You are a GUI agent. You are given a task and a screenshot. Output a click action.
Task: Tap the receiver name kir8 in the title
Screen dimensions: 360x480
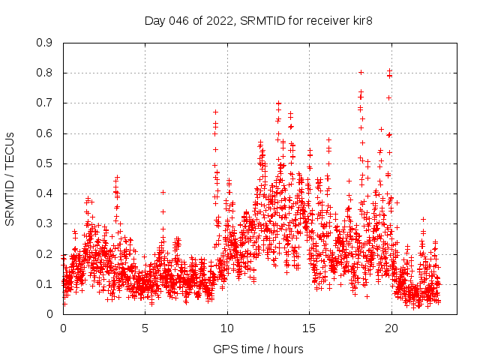[360, 21]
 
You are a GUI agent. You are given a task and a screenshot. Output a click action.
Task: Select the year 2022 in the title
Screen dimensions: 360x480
[219, 21]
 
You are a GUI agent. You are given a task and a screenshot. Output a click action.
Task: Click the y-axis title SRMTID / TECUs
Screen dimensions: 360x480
[10, 179]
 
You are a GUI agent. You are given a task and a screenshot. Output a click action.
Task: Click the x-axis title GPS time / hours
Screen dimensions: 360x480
[258, 349]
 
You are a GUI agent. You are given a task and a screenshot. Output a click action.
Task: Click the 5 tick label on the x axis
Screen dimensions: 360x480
[145, 328]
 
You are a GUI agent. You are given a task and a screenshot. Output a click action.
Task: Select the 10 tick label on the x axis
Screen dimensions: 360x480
[227, 328]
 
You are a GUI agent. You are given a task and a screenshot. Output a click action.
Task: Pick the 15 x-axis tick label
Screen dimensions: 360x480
[310, 328]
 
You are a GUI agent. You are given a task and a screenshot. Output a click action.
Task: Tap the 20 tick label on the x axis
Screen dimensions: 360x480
[391, 328]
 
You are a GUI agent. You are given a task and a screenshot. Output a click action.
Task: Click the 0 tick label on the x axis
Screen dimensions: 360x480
[63, 328]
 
